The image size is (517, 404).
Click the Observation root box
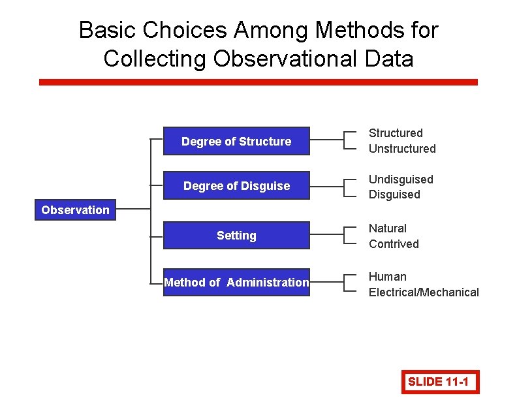(x=75, y=210)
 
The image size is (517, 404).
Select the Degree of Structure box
(x=236, y=142)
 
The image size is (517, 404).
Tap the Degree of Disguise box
(x=236, y=186)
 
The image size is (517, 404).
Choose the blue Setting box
(x=236, y=236)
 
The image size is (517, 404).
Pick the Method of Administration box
(x=236, y=283)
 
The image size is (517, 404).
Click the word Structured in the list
(x=396, y=133)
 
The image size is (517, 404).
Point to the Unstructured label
(x=402, y=149)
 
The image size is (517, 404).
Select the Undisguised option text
(x=401, y=179)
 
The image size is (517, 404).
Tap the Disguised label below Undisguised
(x=394, y=194)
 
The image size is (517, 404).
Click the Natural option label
(x=388, y=228)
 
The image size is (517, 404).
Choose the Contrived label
(x=394, y=244)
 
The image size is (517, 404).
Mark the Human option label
(x=388, y=277)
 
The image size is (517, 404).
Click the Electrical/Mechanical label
(x=424, y=292)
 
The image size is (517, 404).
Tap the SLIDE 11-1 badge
(x=440, y=382)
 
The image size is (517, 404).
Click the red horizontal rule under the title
(x=258, y=82)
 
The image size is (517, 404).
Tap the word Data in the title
(x=389, y=59)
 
